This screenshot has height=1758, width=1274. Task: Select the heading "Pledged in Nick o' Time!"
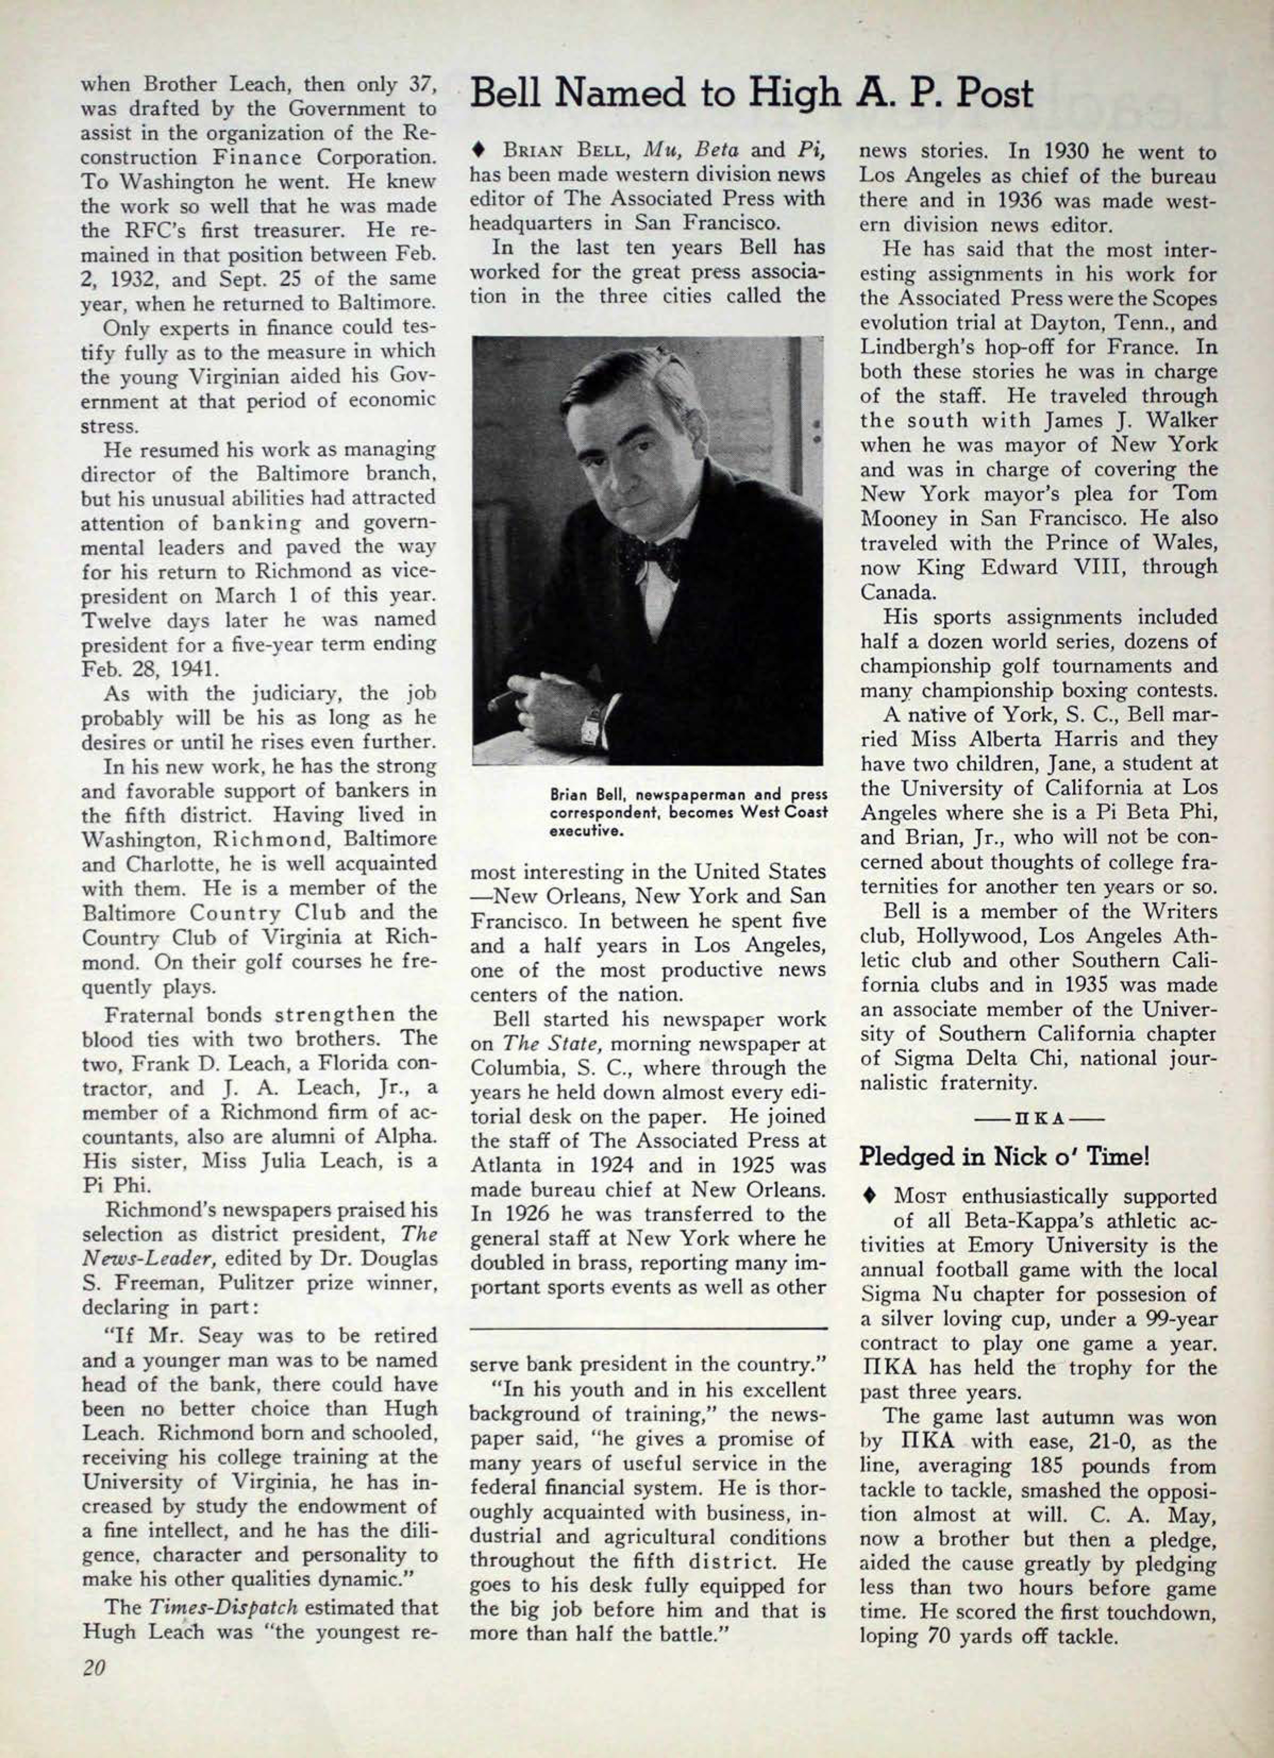pos(1003,1157)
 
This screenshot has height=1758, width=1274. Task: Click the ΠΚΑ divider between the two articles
pos(1037,1118)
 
